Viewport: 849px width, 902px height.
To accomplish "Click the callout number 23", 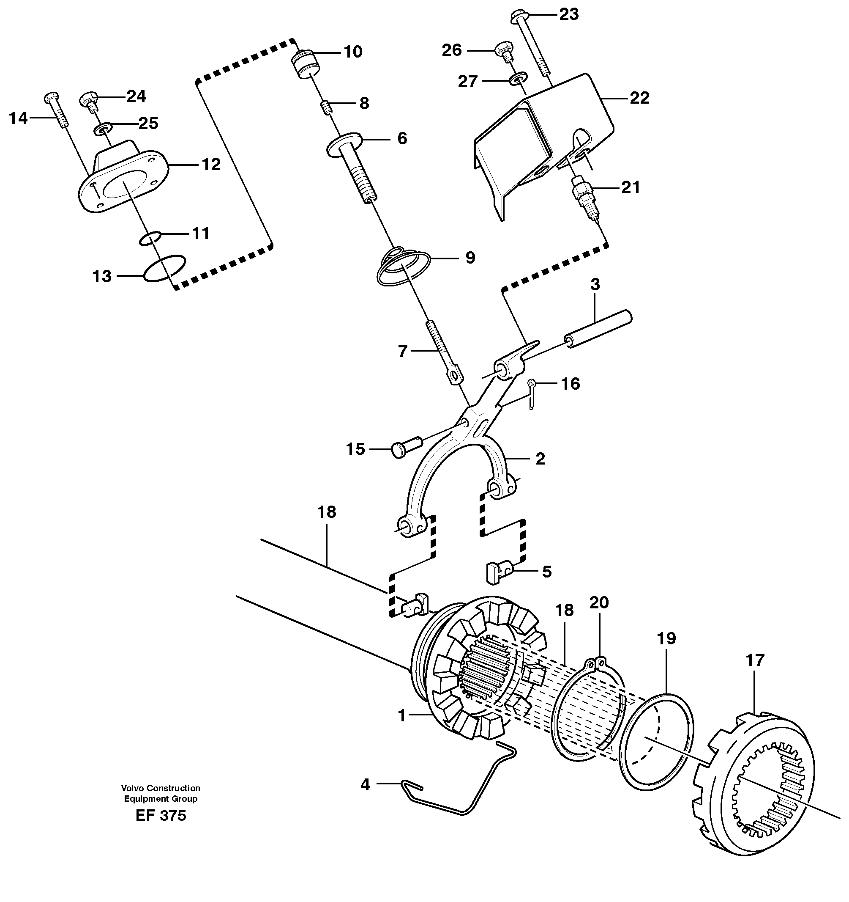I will [x=569, y=14].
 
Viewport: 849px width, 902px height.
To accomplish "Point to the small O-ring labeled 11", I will [x=150, y=238].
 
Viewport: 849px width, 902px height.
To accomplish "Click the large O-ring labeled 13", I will [x=164, y=268].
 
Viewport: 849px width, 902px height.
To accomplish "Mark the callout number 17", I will [x=755, y=660].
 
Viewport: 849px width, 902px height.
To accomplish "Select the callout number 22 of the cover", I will [x=639, y=98].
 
